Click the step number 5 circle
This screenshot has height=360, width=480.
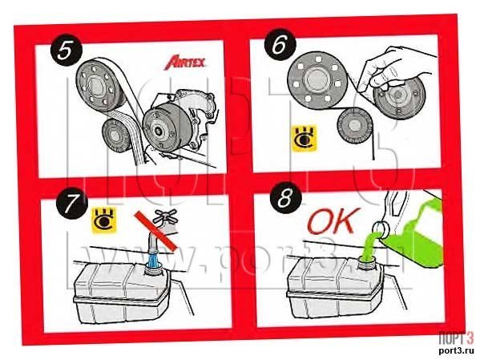tap(67, 50)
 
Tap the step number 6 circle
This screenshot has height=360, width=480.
tap(280, 45)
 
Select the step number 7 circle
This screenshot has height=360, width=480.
tap(71, 201)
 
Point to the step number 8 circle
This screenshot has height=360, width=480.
tap(285, 198)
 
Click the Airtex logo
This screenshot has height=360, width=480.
tap(185, 63)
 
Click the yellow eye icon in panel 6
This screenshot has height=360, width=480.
tap(304, 138)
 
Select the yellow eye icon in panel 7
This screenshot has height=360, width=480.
tap(104, 220)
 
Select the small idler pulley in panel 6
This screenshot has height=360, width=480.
tap(354, 126)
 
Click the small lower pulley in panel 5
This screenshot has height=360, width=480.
tap(116, 137)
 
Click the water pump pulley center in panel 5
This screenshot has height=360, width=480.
tap(159, 131)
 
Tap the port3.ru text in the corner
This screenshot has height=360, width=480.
tap(456, 350)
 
